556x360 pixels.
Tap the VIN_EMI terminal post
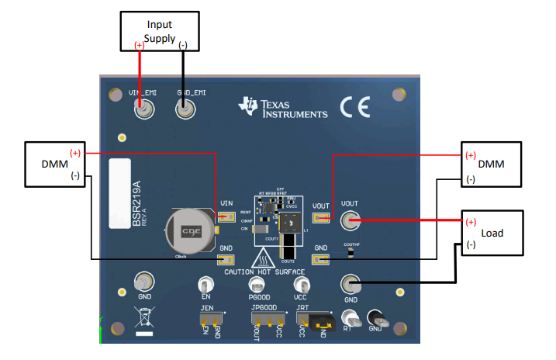(x=143, y=111)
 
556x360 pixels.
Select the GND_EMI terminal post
(x=185, y=111)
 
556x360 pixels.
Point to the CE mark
(x=355, y=107)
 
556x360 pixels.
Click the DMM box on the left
(x=57, y=164)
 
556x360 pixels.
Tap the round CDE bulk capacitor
(x=187, y=231)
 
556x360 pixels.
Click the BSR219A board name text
(x=137, y=203)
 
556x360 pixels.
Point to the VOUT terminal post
(x=351, y=221)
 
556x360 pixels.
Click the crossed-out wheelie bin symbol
(x=143, y=319)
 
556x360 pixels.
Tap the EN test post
(x=206, y=285)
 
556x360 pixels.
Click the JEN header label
(x=206, y=308)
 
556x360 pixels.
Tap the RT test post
(x=351, y=319)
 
